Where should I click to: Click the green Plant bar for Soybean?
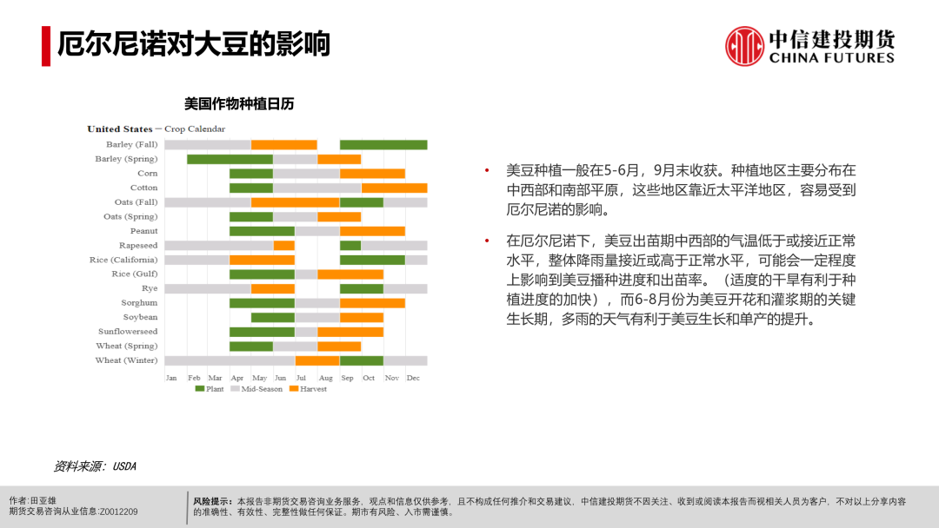[273, 318]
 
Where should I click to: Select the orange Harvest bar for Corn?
[372, 174]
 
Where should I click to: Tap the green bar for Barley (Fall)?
[384, 145]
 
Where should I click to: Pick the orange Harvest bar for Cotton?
[395, 188]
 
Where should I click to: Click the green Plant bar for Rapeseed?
[350, 246]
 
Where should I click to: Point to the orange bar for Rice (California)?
[263, 261]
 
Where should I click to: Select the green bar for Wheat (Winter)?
[362, 360]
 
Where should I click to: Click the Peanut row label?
[143, 231]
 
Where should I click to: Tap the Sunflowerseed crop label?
[128, 331]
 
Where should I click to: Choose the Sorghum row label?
[139, 302]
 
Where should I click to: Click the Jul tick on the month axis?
[301, 378]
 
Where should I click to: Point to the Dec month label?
[413, 378]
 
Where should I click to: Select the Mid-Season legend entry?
[256, 389]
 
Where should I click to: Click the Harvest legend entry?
[309, 389]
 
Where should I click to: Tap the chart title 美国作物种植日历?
[239, 104]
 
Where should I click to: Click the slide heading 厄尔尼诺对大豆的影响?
[193, 43]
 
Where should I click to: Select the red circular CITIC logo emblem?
[744, 46]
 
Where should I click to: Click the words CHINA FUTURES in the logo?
[832, 58]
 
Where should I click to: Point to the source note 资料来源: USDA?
[96, 466]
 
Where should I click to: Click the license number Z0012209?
[118, 511]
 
